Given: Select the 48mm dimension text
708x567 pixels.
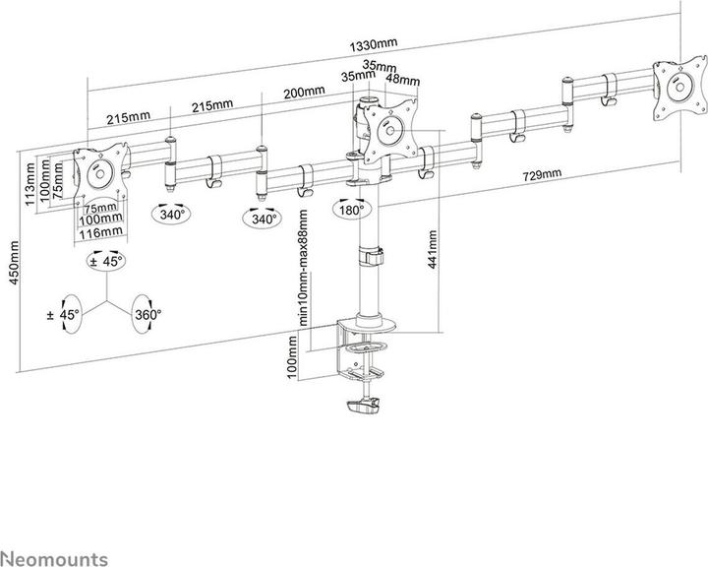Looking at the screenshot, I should pos(397,80).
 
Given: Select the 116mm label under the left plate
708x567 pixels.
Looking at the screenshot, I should pos(102,231).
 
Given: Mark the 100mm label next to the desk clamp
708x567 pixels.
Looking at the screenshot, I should pos(292,355).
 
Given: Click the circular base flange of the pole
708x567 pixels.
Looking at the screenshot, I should pos(368,322).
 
